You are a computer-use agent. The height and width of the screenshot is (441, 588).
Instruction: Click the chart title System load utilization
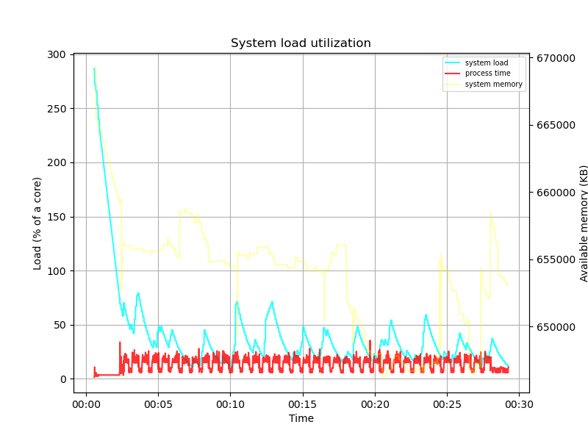pyautogui.click(x=301, y=43)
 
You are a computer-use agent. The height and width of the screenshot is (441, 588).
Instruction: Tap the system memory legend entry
pyautogui.click(x=493, y=85)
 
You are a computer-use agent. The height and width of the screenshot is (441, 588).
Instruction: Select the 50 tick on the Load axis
pyautogui.click(x=62, y=325)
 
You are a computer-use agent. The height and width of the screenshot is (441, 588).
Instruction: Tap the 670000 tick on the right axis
pyautogui.click(x=555, y=58)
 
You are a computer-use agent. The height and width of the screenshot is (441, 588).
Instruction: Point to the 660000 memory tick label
pyautogui.click(x=555, y=193)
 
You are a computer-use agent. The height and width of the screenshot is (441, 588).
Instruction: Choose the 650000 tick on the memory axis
pyautogui.click(x=555, y=327)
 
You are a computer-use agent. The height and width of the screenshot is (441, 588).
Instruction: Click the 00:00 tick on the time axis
pyautogui.click(x=86, y=404)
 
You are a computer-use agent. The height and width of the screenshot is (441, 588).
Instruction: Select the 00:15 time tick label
pyautogui.click(x=302, y=404)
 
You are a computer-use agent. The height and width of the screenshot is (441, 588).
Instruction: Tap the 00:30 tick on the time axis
pyautogui.click(x=519, y=404)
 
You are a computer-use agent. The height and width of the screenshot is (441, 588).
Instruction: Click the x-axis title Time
pyautogui.click(x=301, y=418)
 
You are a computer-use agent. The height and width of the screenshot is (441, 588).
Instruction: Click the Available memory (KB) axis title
pyautogui.click(x=584, y=223)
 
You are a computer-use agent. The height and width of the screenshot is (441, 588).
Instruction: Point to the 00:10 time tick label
pyautogui.click(x=230, y=404)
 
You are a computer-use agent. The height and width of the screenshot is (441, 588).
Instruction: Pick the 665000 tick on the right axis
pyautogui.click(x=555, y=125)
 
